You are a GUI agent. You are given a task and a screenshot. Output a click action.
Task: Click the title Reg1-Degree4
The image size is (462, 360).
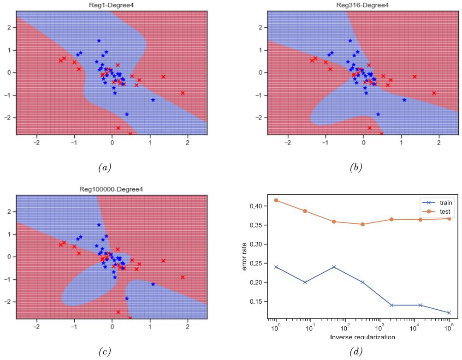112,6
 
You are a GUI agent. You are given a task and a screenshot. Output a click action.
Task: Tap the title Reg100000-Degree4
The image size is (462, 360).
112,190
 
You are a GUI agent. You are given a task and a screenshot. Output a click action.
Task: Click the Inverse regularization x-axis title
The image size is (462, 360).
362,337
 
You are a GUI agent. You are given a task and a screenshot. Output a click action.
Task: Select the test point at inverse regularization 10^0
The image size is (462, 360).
276,200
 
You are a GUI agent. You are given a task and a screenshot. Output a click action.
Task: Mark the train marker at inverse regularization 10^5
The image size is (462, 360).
449,312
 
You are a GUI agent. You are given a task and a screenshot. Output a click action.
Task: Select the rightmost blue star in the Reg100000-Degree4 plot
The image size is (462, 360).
153,284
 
